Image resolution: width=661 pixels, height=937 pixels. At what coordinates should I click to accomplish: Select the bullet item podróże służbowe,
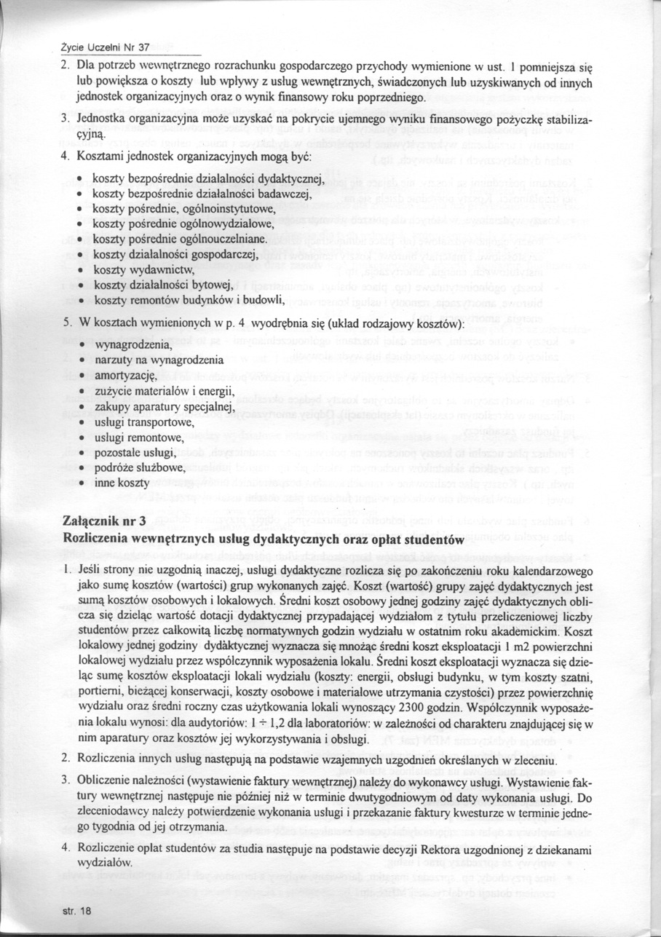tap(140, 468)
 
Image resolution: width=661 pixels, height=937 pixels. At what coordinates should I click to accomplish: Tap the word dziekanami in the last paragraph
tap(559, 847)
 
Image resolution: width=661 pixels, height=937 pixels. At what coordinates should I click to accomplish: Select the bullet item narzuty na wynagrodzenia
tap(157, 360)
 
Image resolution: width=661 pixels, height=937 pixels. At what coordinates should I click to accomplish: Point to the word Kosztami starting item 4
tap(102, 157)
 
